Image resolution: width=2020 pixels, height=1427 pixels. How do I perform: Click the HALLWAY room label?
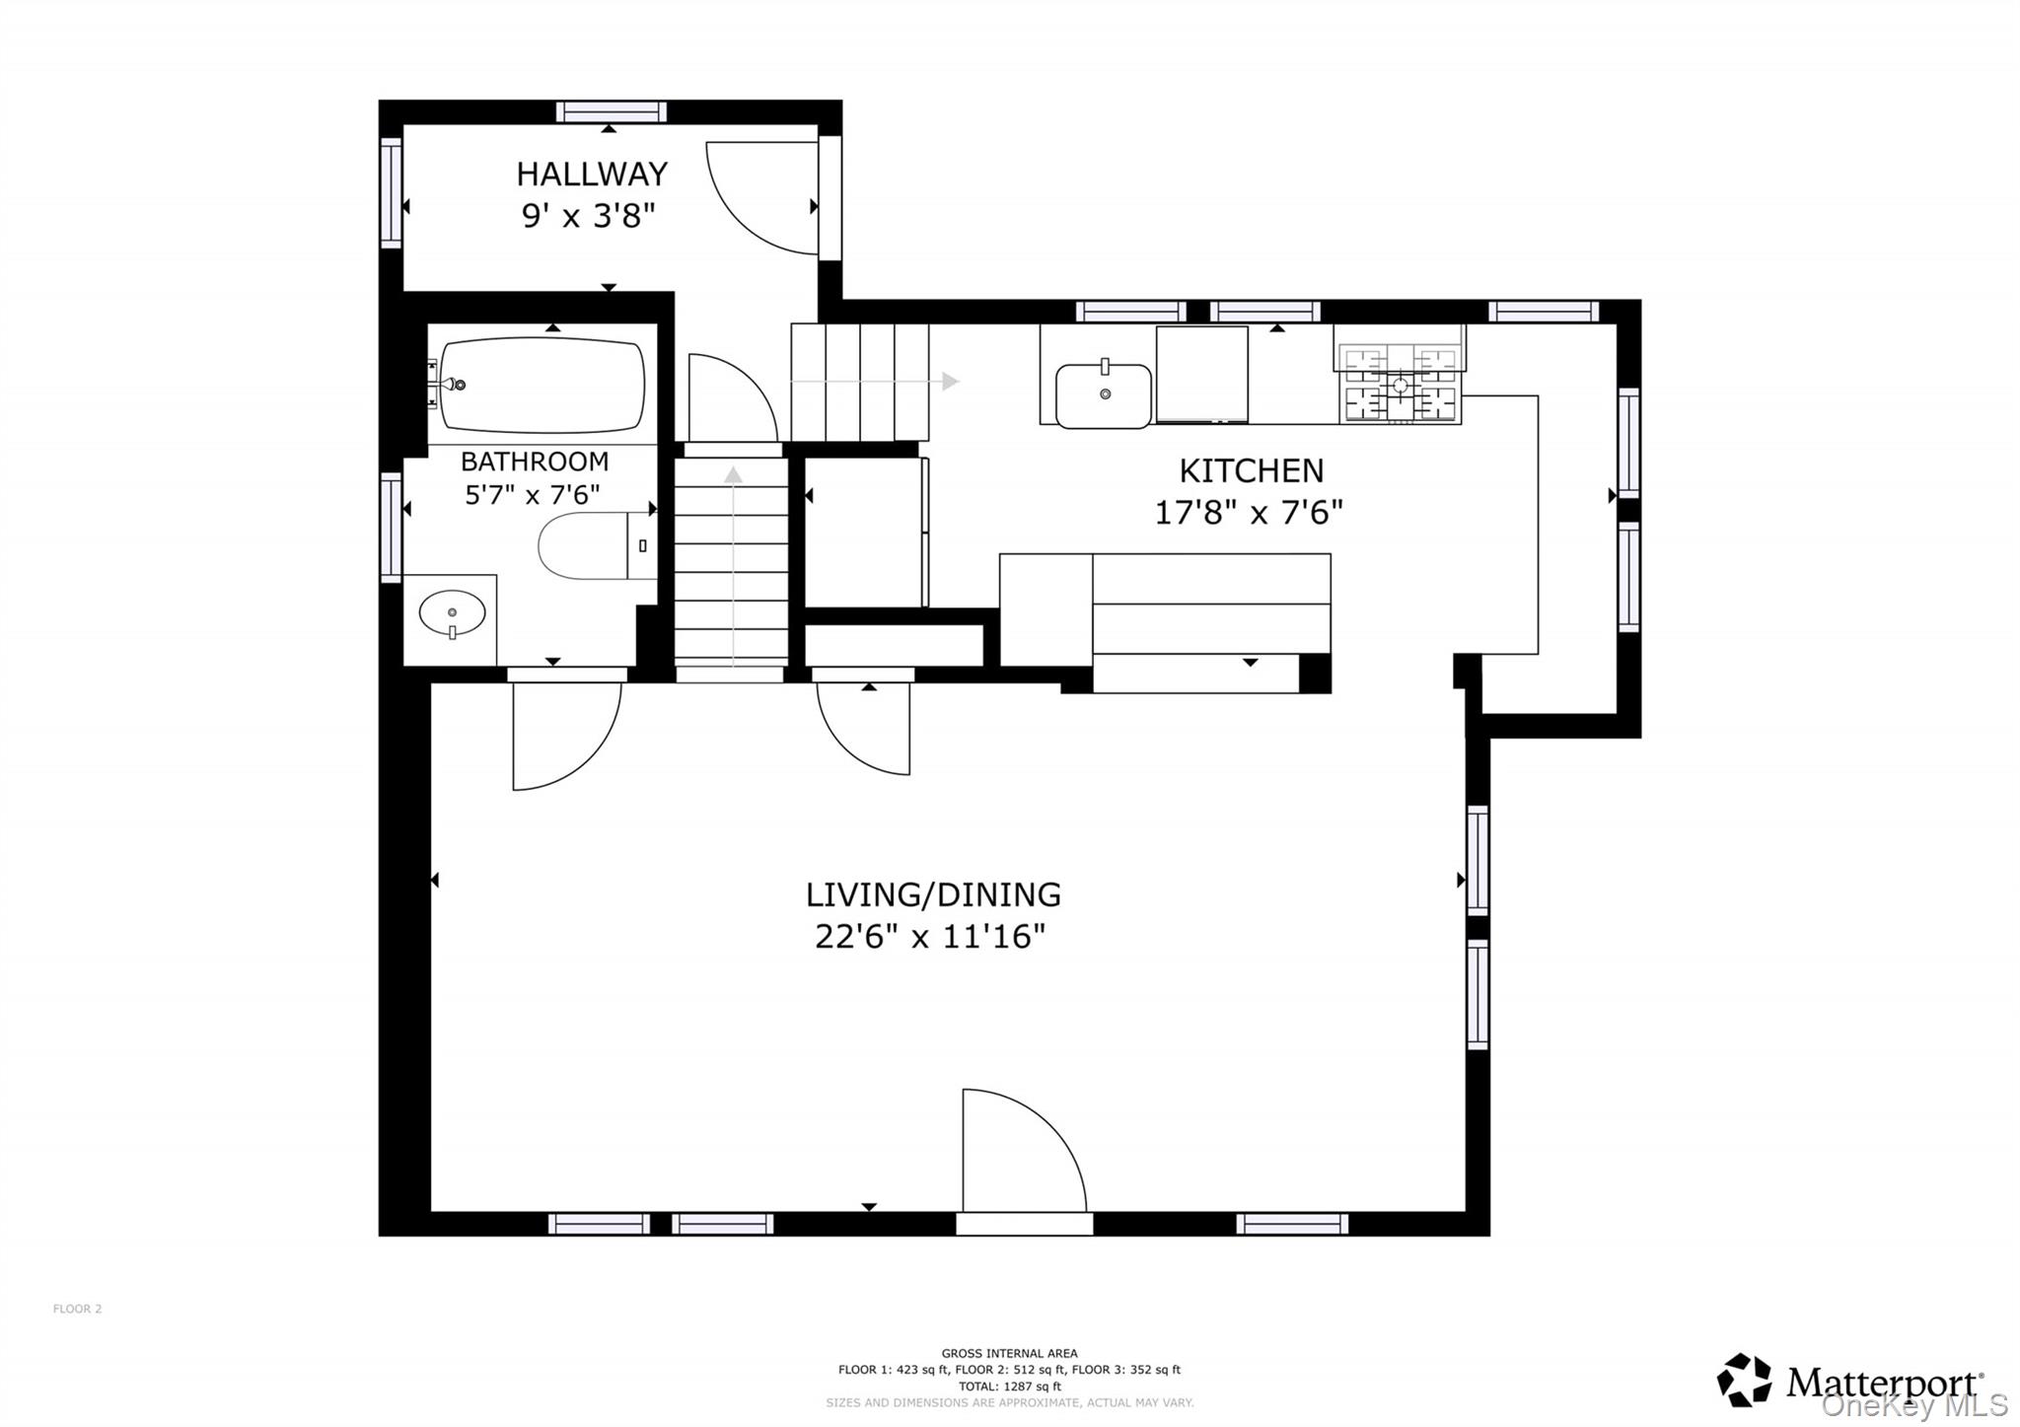[592, 175]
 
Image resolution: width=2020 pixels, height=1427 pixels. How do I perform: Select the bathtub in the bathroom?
[541, 385]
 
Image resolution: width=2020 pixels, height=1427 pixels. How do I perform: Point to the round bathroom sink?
[452, 613]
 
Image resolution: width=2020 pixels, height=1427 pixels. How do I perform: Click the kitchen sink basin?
[1103, 395]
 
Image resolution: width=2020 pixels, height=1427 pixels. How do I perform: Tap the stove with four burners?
[1399, 385]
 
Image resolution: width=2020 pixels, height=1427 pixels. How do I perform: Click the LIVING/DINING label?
[933, 894]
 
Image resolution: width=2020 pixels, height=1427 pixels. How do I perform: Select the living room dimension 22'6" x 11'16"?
[929, 936]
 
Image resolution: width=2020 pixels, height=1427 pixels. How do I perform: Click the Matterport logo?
[1849, 1381]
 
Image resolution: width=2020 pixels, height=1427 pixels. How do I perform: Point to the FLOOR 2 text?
[77, 1309]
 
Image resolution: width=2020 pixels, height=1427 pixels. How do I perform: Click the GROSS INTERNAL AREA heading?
[1009, 1353]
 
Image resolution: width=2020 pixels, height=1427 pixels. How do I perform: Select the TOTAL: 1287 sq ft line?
[1009, 1386]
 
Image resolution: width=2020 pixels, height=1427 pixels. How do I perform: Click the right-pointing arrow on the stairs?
[949, 381]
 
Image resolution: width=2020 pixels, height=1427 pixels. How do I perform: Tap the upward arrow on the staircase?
[732, 475]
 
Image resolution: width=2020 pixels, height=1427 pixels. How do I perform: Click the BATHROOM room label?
[534, 462]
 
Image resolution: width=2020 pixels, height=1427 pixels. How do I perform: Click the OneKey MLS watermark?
[1913, 1405]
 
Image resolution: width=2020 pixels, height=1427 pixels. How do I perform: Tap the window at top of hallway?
[611, 111]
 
